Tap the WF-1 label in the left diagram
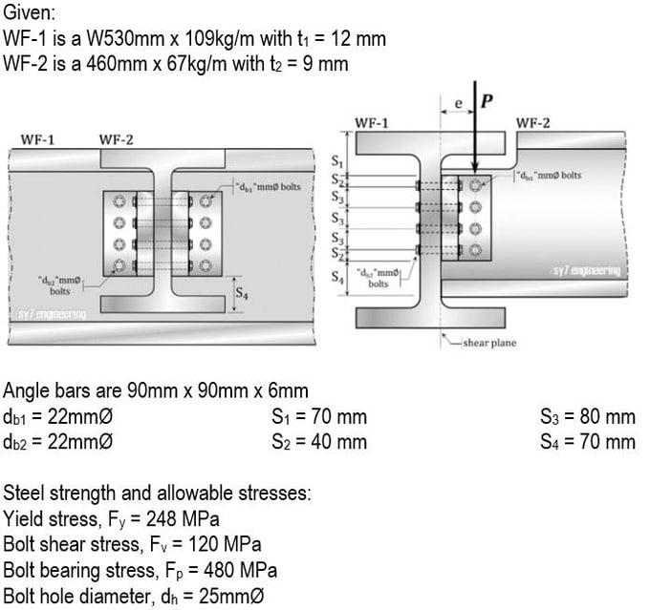point(37,139)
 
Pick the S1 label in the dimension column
point(336,163)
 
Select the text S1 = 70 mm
point(319,417)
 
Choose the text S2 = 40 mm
point(319,442)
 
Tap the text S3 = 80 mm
point(587,417)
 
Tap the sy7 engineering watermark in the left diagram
point(52,313)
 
